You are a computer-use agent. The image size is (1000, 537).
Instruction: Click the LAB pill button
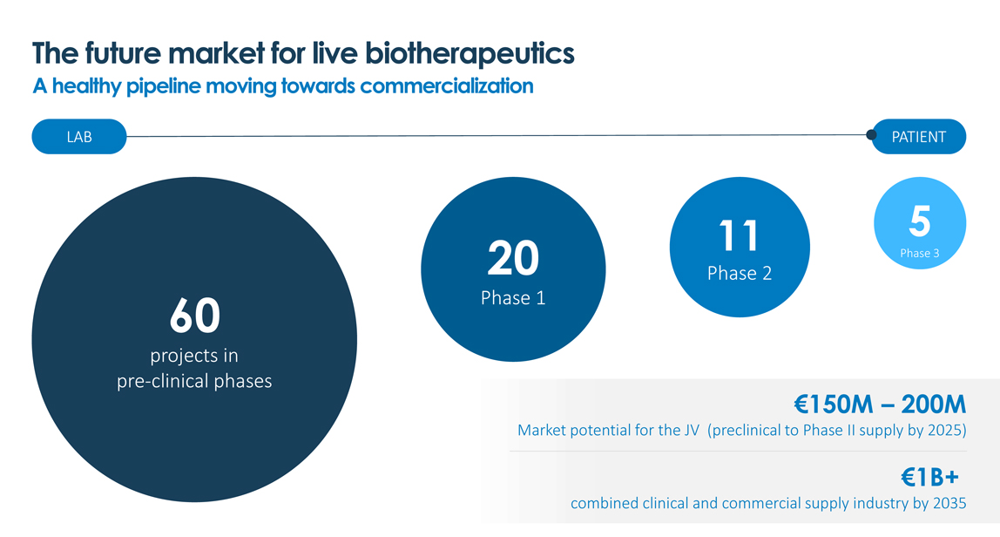coord(79,137)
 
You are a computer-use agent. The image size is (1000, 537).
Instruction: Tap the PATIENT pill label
coord(918,137)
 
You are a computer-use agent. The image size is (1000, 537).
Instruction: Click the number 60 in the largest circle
coord(195,315)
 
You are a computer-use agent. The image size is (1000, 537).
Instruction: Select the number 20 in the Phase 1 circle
coord(513,258)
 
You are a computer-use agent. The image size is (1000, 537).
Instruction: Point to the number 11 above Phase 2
coord(740,235)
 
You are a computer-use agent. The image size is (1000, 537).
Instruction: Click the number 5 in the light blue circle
coord(920,221)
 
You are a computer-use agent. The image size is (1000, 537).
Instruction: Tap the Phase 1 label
coord(513,298)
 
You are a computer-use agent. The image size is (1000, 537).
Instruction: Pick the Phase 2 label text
coord(740,273)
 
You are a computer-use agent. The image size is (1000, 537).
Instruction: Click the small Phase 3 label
coord(920,254)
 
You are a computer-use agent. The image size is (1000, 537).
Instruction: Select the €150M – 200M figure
coord(880,404)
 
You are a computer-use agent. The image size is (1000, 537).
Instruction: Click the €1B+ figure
coord(929,477)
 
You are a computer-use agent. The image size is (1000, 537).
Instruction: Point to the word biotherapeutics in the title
coord(470,54)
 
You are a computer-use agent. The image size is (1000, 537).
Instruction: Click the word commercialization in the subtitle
coord(446,86)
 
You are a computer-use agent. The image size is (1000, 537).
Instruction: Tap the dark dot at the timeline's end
coord(871,135)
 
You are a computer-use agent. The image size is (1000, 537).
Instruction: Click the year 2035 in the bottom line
coord(949,503)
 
